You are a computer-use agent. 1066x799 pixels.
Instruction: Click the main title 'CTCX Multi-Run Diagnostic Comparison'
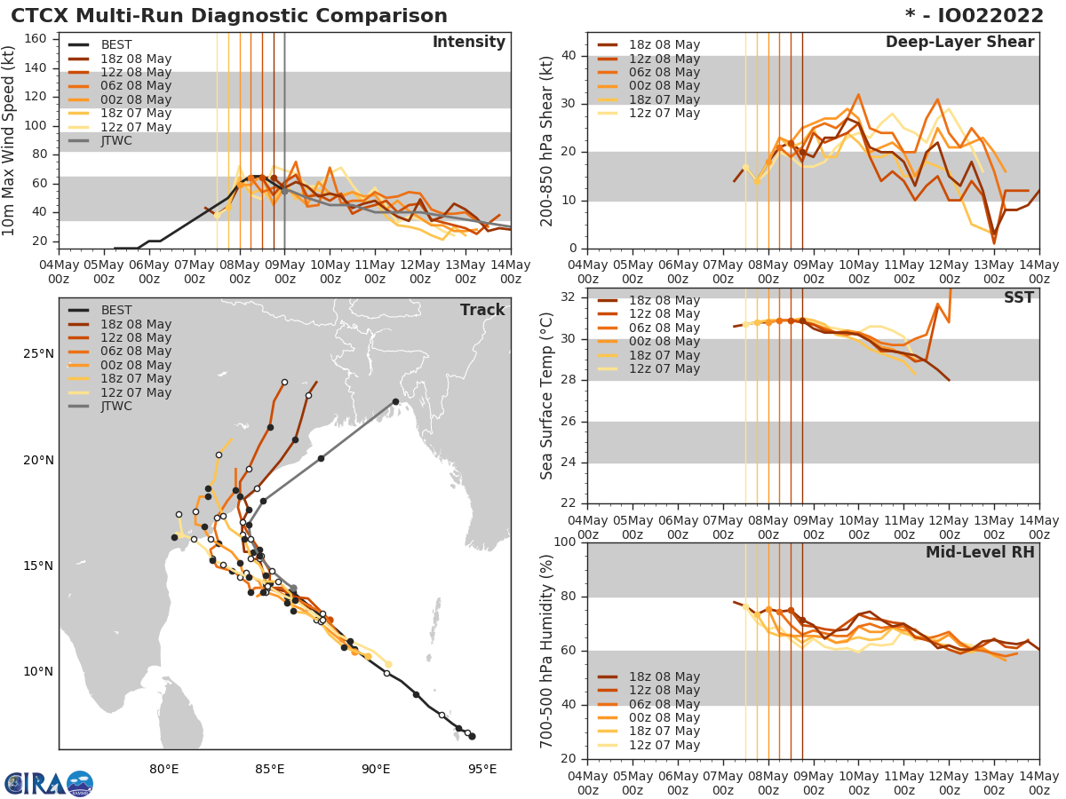229,16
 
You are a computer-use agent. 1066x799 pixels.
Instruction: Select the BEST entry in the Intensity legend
115,44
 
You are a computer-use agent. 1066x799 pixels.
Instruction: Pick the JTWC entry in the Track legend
115,407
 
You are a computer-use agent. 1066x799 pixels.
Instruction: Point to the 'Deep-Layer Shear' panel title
959,43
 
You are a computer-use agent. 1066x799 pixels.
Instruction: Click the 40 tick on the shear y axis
569,56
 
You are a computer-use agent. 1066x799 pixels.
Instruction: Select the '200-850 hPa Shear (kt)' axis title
547,140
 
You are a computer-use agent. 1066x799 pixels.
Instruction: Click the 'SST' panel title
1019,297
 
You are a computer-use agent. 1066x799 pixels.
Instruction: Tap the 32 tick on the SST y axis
569,297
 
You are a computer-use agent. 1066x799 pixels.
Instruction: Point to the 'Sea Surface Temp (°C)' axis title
547,395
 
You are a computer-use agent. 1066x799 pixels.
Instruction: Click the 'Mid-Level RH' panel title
980,552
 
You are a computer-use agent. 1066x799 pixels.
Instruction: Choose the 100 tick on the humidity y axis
566,542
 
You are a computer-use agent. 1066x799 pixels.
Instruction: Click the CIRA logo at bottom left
48,783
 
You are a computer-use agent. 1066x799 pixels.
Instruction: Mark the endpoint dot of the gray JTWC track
395,402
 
